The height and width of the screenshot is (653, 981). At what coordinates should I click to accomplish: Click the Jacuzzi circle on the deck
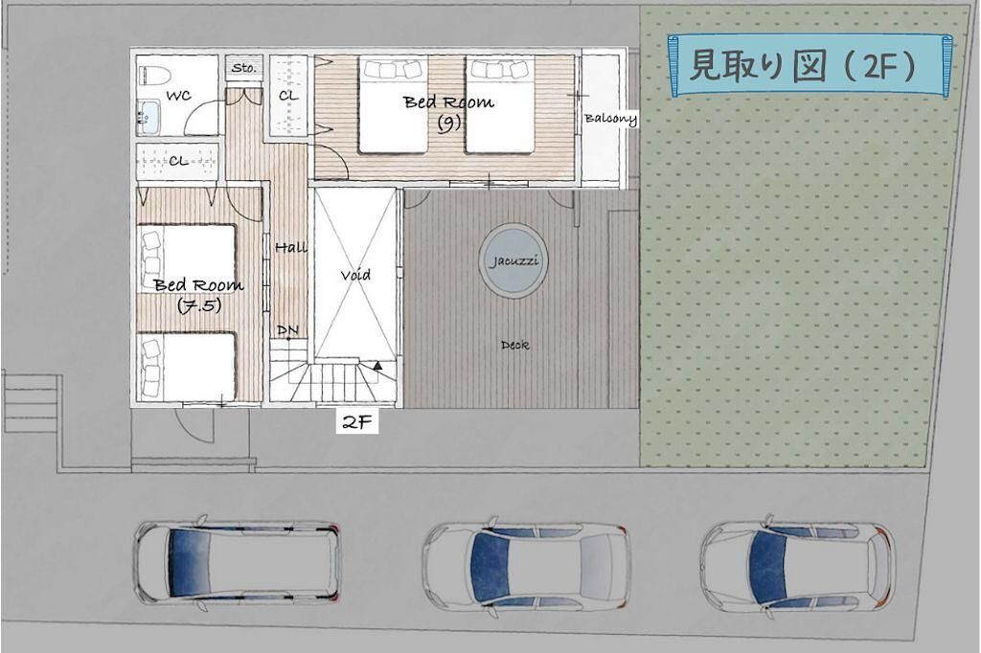(x=513, y=260)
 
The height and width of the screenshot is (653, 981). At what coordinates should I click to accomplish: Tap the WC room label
(x=178, y=96)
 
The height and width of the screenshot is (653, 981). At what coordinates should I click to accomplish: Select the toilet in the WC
(x=154, y=77)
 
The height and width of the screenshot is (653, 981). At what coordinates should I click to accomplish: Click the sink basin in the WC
(x=148, y=117)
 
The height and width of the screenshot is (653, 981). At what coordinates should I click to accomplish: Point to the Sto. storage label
(x=244, y=68)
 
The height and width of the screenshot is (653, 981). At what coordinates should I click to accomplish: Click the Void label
(x=355, y=275)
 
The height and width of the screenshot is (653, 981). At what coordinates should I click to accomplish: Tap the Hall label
(x=291, y=248)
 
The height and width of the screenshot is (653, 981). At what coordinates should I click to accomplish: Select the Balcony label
(x=610, y=119)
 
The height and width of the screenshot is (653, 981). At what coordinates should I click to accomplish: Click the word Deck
(x=514, y=345)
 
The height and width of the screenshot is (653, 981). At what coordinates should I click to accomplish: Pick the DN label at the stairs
(x=287, y=329)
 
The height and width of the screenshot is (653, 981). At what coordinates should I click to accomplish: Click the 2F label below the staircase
(x=357, y=423)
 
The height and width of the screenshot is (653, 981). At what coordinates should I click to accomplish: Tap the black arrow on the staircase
(x=377, y=366)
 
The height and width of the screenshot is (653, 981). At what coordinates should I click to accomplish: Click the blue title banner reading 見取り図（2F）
(x=810, y=66)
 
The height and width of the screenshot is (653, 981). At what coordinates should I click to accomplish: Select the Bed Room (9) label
(x=448, y=111)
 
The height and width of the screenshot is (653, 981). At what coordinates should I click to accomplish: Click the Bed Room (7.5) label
(x=199, y=294)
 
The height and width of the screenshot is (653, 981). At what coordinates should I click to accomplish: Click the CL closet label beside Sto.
(x=288, y=96)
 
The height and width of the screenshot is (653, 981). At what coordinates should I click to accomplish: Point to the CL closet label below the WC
(x=178, y=161)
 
